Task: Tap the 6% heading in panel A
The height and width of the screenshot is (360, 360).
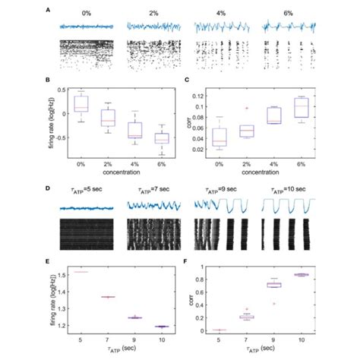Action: click(278, 13)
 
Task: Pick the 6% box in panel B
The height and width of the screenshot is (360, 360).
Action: click(161, 137)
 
